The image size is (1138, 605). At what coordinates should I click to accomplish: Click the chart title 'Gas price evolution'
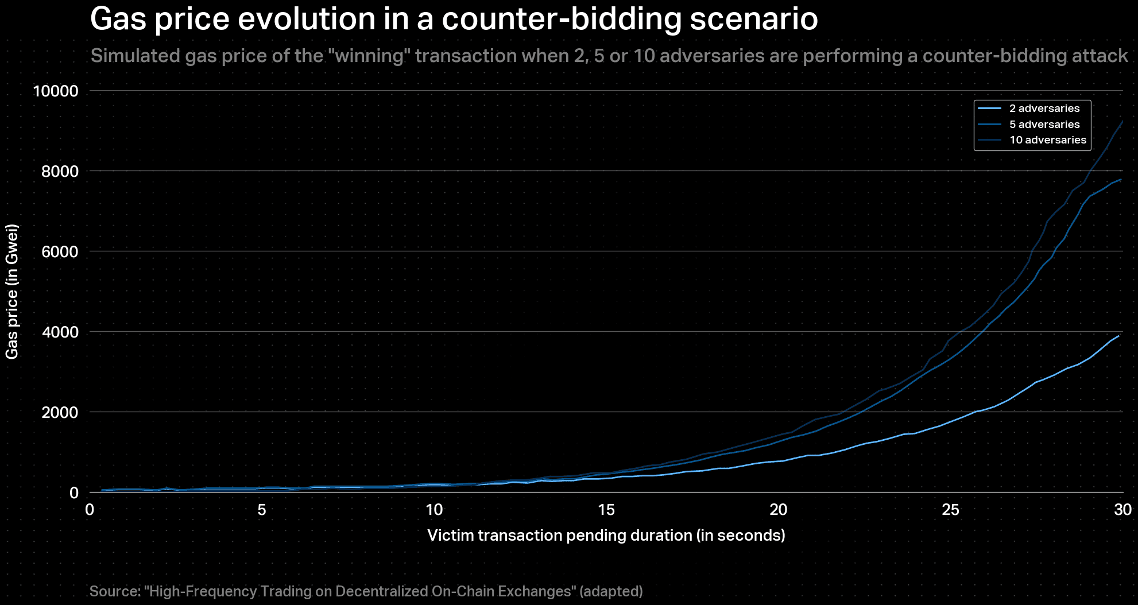click(x=454, y=18)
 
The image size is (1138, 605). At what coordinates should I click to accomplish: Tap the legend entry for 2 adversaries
click(x=1044, y=108)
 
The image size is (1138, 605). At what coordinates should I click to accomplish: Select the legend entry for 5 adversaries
click(x=1044, y=125)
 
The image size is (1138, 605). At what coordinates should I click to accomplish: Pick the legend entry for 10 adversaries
click(x=1047, y=140)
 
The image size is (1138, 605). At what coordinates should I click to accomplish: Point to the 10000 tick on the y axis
click(x=56, y=91)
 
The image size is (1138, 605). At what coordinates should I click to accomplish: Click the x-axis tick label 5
click(x=262, y=510)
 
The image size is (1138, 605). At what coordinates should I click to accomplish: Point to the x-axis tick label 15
click(x=606, y=510)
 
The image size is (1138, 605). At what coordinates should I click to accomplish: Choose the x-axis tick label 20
click(x=779, y=510)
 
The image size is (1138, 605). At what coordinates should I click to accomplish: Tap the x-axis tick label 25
click(x=951, y=510)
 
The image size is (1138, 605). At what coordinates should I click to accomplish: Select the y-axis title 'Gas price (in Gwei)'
click(x=12, y=292)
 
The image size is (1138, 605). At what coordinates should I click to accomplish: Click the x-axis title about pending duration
click(x=606, y=536)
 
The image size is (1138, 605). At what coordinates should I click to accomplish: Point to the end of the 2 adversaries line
click(x=1119, y=336)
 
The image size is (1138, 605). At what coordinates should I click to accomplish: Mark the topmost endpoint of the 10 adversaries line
click(x=1122, y=122)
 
